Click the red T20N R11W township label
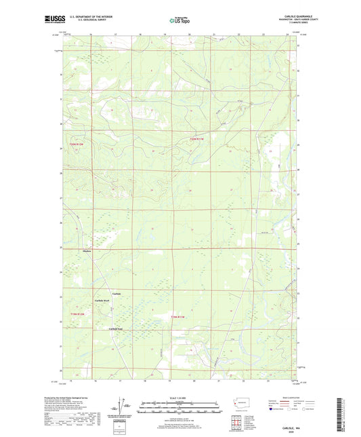click(198, 139)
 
